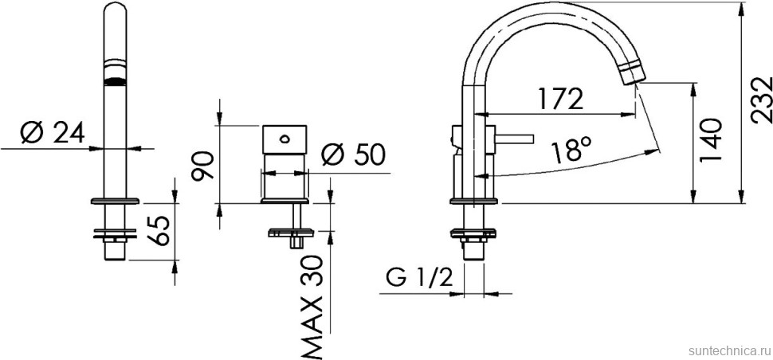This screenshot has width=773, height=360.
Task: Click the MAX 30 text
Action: tap(312, 306)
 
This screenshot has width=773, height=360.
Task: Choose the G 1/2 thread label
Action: tap(420, 278)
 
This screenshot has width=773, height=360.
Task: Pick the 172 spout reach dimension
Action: tap(558, 98)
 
